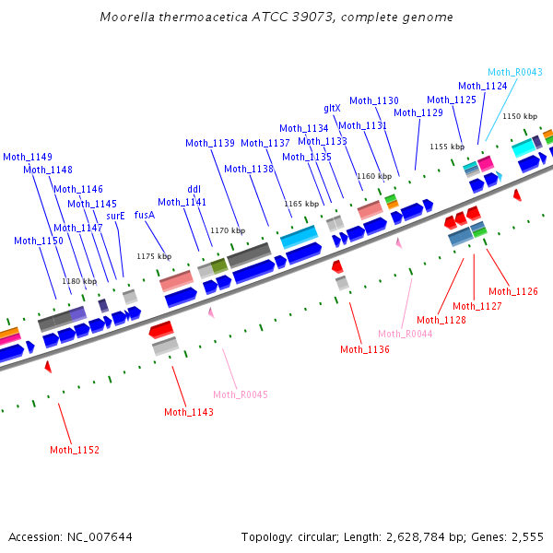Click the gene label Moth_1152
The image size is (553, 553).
click(75, 450)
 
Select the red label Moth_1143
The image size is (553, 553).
click(189, 412)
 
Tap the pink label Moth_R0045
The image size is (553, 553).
click(241, 394)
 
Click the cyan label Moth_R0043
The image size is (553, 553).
click(514, 72)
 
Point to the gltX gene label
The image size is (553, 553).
click(332, 108)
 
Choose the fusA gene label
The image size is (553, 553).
click(145, 215)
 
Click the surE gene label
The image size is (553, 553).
click(115, 216)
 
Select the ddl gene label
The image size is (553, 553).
click(194, 189)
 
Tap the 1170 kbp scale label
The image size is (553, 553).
click(228, 230)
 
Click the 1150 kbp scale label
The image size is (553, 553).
click(519, 116)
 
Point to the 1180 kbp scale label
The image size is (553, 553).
click(78, 281)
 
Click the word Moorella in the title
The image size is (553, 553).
click(126, 18)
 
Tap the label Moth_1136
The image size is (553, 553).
click(365, 349)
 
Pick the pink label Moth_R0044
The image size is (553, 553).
click(405, 334)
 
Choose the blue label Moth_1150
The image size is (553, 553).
click(39, 241)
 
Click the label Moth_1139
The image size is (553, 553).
click(210, 143)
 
